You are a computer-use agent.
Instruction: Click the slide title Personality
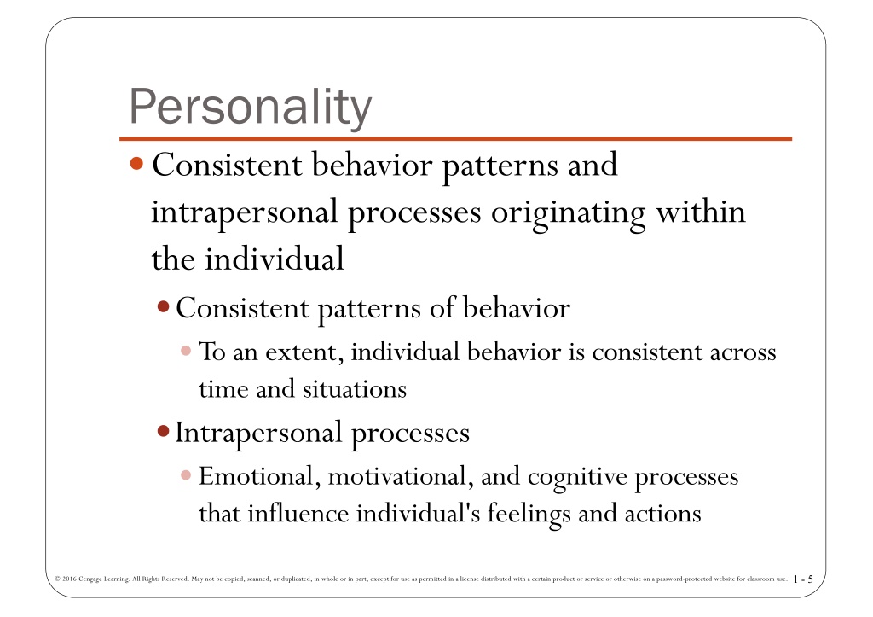coord(250,107)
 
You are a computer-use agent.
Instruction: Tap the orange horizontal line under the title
coord(455,138)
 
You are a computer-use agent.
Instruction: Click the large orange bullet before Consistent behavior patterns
coord(136,164)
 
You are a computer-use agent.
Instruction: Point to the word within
coord(701,212)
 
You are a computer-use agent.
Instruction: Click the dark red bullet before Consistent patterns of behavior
coord(163,307)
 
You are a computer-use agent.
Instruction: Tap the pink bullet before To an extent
coord(186,351)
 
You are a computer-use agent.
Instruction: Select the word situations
coord(355,389)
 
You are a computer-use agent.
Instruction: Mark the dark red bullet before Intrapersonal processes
coord(163,431)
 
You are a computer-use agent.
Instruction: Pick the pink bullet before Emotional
coord(186,474)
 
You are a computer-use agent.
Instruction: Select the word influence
coord(298,514)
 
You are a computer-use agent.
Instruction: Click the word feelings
coord(529,515)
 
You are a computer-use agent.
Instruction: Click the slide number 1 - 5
coord(803,579)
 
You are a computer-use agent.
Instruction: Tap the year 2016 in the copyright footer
coord(69,579)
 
